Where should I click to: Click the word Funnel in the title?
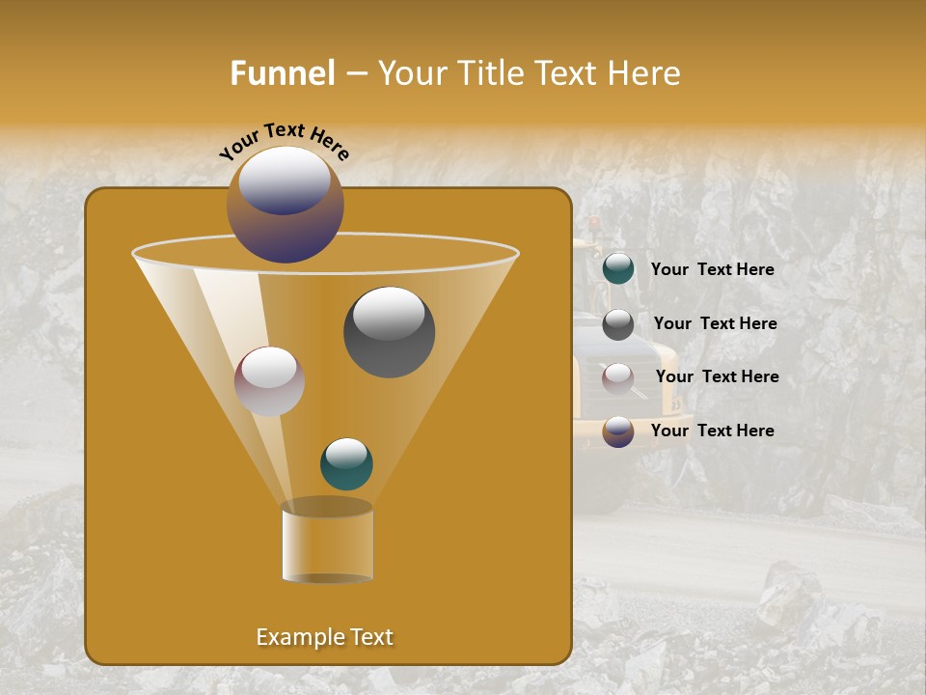pyautogui.click(x=282, y=73)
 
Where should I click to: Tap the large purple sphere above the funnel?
pyautogui.click(x=285, y=205)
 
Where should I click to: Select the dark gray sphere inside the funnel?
pyautogui.click(x=389, y=331)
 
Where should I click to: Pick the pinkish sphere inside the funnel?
pyautogui.click(x=269, y=381)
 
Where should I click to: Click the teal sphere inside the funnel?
pyautogui.click(x=346, y=463)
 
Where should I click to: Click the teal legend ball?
pyautogui.click(x=618, y=268)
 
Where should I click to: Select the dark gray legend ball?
pyautogui.click(x=618, y=324)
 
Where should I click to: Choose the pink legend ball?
pyautogui.click(x=618, y=378)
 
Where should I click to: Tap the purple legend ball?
pyautogui.click(x=618, y=431)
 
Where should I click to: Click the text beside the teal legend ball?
pyautogui.click(x=712, y=269)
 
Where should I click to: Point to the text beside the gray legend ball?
pyautogui.click(x=715, y=323)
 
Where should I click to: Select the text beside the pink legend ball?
pyautogui.click(x=717, y=376)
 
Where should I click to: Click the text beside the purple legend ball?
pyautogui.click(x=712, y=431)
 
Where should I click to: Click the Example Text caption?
pyautogui.click(x=324, y=637)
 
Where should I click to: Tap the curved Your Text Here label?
pyautogui.click(x=285, y=140)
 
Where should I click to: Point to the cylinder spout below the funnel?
pyautogui.click(x=327, y=542)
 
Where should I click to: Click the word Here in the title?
pyautogui.click(x=642, y=73)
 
